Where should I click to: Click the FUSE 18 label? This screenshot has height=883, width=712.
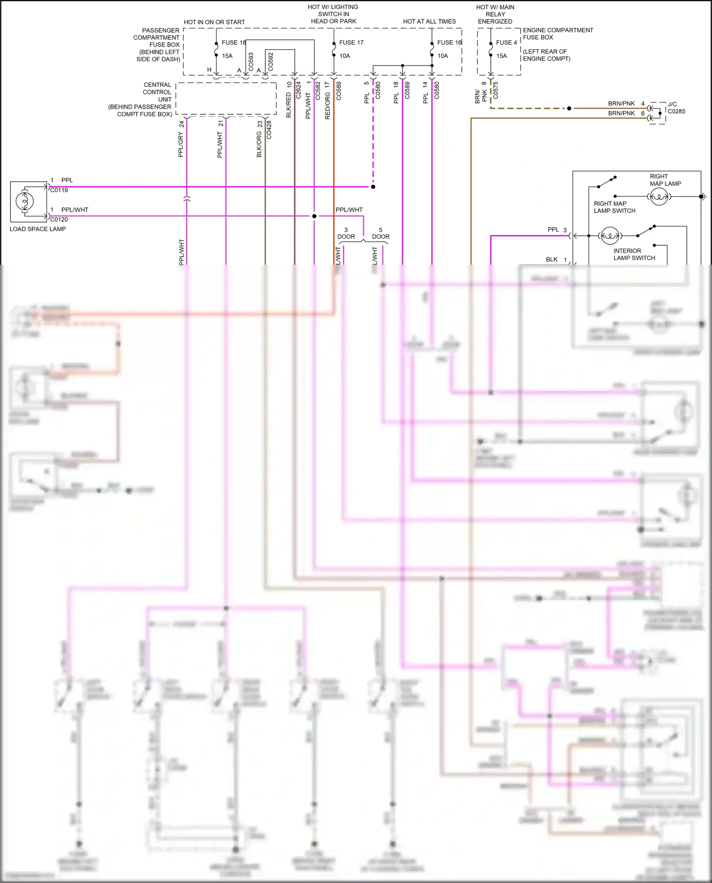233,43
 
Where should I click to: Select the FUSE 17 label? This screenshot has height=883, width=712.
351,43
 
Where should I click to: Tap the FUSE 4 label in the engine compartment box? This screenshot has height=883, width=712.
506,43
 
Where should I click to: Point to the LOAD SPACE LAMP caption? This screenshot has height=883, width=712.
38,229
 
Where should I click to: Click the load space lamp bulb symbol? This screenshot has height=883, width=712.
25,201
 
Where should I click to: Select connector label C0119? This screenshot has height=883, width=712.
59,190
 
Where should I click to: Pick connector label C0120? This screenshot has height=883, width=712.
59,220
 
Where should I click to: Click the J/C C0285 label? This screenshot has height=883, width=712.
676,108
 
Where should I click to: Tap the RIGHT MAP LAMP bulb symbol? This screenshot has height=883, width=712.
659,196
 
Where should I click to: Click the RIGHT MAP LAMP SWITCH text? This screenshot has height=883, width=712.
614,207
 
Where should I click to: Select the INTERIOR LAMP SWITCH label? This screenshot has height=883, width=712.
634,254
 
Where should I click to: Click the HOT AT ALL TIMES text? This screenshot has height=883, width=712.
429,22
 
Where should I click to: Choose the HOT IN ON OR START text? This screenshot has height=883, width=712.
214,22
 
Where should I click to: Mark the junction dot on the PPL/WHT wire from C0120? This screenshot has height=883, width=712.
314,216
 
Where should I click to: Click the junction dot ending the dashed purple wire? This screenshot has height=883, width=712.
373,187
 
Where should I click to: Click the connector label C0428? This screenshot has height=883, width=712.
269,130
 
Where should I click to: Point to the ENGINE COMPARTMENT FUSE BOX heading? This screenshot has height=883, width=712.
558,34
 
